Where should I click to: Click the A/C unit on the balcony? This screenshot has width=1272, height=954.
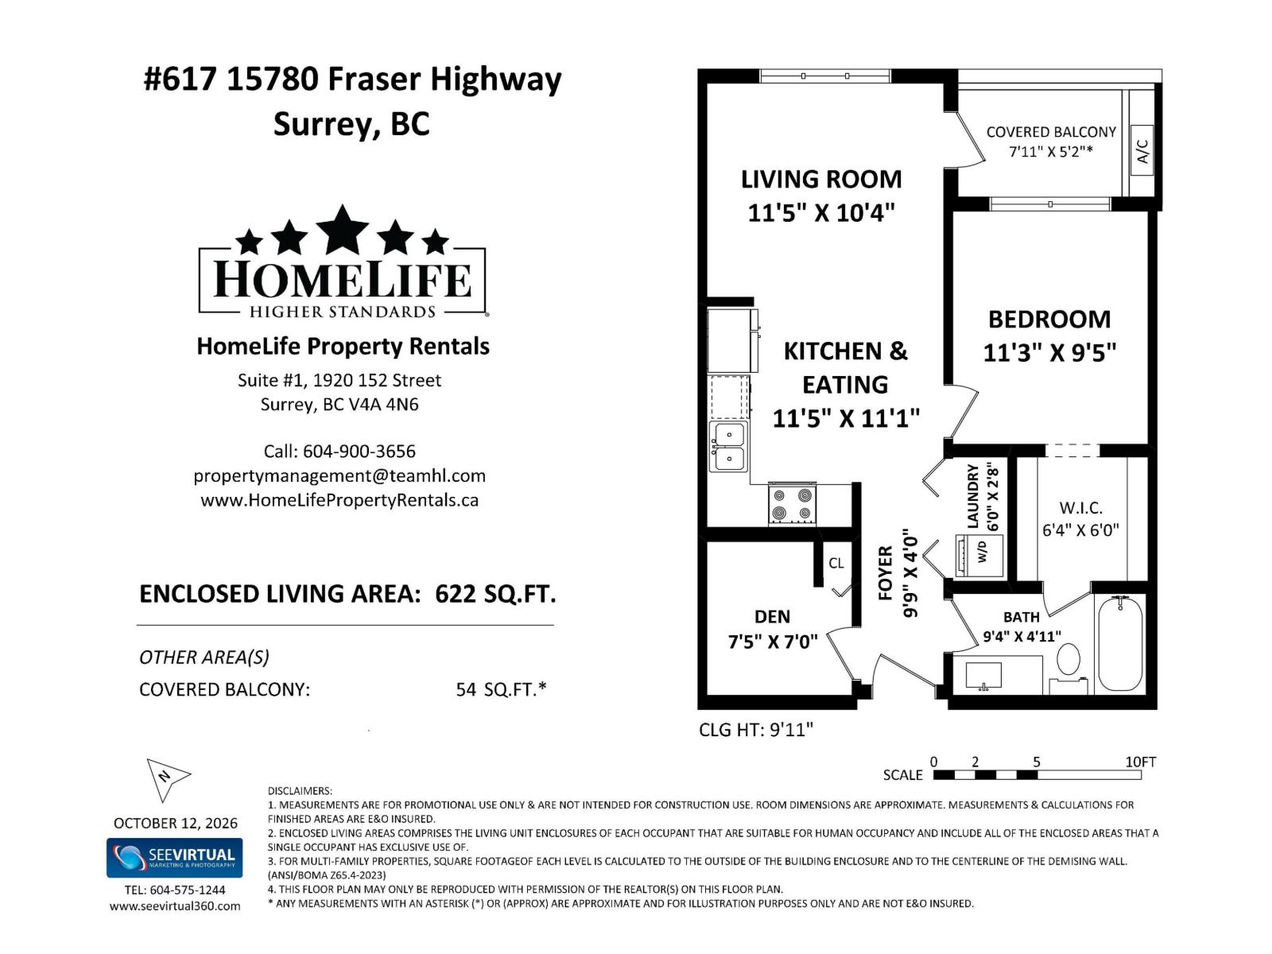coord(1142,150)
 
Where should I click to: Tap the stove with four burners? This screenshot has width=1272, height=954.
coord(792,504)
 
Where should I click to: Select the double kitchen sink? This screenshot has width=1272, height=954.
coord(728,447)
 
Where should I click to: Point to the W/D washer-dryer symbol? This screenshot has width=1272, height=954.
coord(979,556)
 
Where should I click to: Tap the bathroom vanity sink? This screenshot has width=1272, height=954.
coord(983,676)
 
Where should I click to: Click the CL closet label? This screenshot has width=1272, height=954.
coord(836,563)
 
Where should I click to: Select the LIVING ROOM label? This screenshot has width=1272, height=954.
coord(821,180)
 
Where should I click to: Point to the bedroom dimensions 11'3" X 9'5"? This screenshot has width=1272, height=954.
coord(1049,352)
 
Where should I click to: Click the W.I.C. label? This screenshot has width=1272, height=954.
coord(1080,508)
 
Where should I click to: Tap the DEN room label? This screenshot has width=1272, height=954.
coord(772,616)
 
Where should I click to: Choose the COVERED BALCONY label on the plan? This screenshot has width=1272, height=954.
coord(1051,132)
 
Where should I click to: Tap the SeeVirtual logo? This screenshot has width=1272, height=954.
coord(174,858)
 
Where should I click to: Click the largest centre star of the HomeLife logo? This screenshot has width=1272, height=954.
coord(343,230)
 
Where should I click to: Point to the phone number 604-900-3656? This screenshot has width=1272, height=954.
coord(359,452)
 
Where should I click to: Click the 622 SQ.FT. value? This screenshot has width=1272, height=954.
coord(495,594)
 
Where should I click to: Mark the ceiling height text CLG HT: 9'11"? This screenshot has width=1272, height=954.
coord(756,730)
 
